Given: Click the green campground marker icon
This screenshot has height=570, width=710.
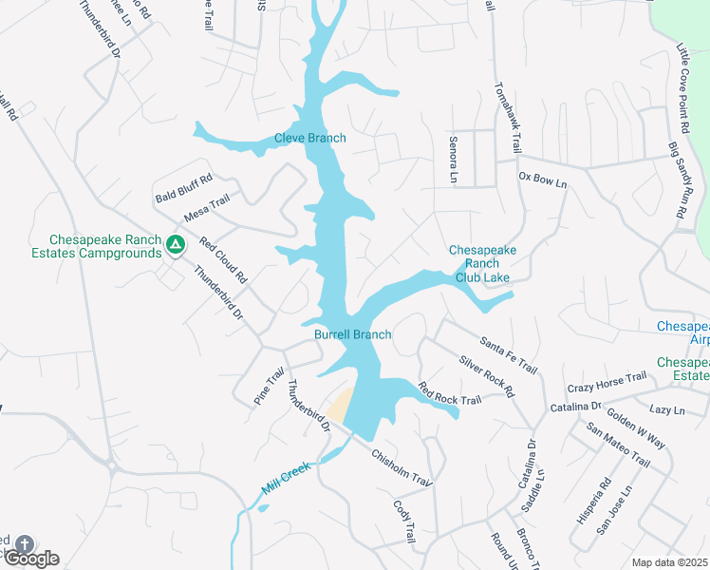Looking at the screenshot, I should click(x=175, y=246).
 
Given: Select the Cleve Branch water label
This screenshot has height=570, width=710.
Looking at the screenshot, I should click(x=310, y=138).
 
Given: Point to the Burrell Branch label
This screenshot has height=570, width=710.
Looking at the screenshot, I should click(x=353, y=334).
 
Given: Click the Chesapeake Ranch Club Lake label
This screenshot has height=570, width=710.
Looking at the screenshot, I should click(x=482, y=263).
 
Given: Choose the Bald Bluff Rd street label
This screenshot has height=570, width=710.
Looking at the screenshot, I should click(x=184, y=188).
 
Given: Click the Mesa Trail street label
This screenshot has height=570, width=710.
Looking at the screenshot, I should click(x=207, y=208).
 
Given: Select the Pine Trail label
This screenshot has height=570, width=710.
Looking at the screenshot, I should click(x=269, y=388).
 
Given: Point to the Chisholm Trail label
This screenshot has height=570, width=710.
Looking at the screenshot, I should click(x=402, y=468).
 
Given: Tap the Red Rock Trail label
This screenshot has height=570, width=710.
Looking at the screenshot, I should click(x=450, y=393).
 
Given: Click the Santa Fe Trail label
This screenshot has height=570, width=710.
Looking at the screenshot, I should click(x=509, y=354).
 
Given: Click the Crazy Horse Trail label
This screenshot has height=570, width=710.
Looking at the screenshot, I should click(x=607, y=383).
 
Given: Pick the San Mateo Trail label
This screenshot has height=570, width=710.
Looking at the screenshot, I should click(x=618, y=446).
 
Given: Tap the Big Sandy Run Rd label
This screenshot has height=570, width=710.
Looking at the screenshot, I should click(x=677, y=180).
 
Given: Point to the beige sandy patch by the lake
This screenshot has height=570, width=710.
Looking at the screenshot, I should click(x=341, y=406).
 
